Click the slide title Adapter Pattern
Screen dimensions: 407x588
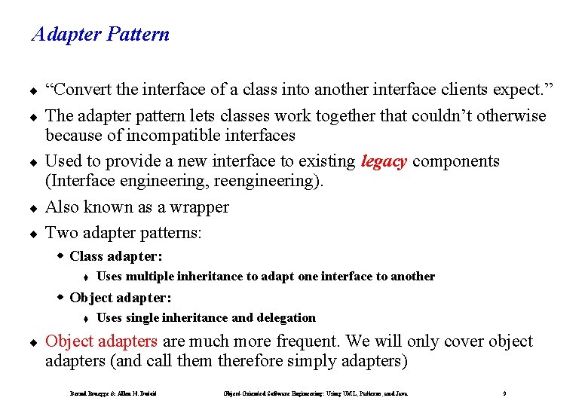(100, 35)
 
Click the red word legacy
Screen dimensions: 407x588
(384, 161)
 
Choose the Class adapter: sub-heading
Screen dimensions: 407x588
(115, 256)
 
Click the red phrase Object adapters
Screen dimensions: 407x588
(101, 341)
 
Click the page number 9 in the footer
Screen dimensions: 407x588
(504, 393)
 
